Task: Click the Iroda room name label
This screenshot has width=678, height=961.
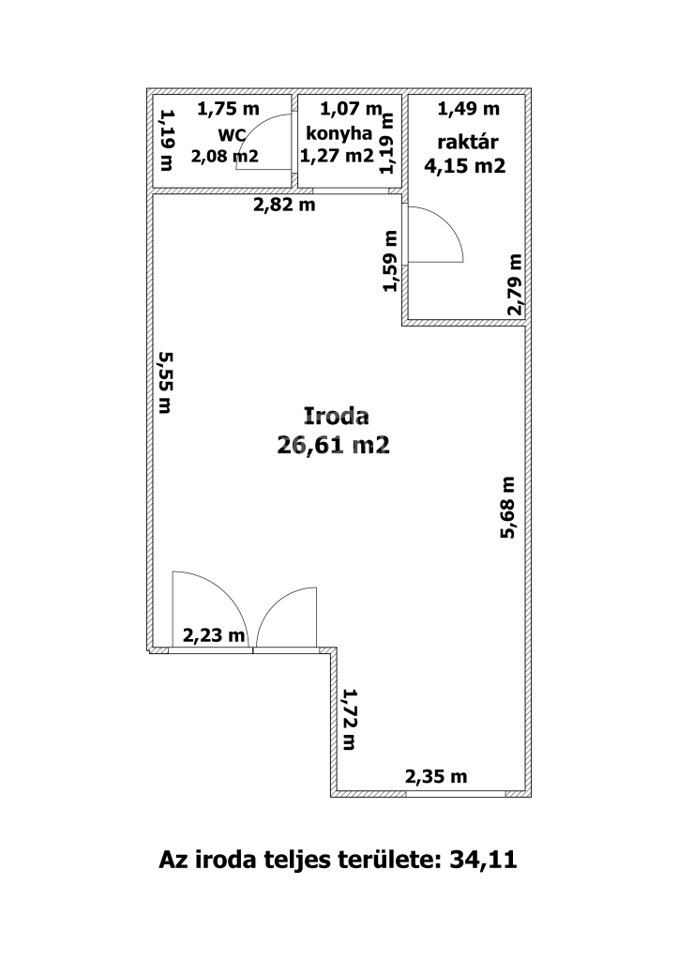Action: (x=337, y=416)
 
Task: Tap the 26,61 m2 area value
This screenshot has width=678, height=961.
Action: (x=333, y=445)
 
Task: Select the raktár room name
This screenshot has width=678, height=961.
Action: (x=467, y=143)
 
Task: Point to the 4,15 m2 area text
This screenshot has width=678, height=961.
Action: (x=465, y=166)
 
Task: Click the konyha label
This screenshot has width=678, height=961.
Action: (x=339, y=133)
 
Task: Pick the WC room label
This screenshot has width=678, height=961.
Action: (x=233, y=135)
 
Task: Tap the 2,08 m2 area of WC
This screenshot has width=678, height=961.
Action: (x=225, y=157)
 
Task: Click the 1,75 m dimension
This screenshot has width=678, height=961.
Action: (x=228, y=109)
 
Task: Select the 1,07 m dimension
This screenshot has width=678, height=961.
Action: (x=351, y=109)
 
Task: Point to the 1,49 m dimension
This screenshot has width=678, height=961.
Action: (x=469, y=109)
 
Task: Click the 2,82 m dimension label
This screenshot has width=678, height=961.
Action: (x=284, y=205)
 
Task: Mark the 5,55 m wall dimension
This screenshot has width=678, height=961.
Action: (x=164, y=382)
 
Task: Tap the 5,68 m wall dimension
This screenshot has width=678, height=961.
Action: (x=507, y=508)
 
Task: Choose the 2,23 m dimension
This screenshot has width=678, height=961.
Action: (x=214, y=635)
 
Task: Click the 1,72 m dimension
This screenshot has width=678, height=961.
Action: (x=350, y=719)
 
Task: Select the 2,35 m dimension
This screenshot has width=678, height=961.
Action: (x=436, y=777)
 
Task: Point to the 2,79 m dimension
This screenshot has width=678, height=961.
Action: (x=515, y=284)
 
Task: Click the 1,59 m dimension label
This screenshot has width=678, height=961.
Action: (x=390, y=261)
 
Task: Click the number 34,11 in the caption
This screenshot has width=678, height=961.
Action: (x=484, y=860)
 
